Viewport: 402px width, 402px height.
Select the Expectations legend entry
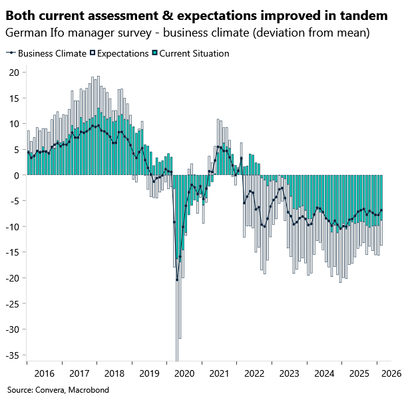pos(122,53)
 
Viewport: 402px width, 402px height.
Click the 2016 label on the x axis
pos(44,374)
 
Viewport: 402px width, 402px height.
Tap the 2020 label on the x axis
pos(184,374)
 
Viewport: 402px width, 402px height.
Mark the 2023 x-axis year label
pos(288,374)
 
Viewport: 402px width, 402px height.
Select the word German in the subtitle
pos(25,33)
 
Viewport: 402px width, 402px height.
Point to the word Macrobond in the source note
pos(89,390)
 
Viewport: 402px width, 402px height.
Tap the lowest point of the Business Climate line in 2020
pos(177,280)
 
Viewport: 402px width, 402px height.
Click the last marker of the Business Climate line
pos(381,210)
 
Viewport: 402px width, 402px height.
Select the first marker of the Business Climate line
pos(28,152)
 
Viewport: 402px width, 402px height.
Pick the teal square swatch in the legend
pos(155,53)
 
